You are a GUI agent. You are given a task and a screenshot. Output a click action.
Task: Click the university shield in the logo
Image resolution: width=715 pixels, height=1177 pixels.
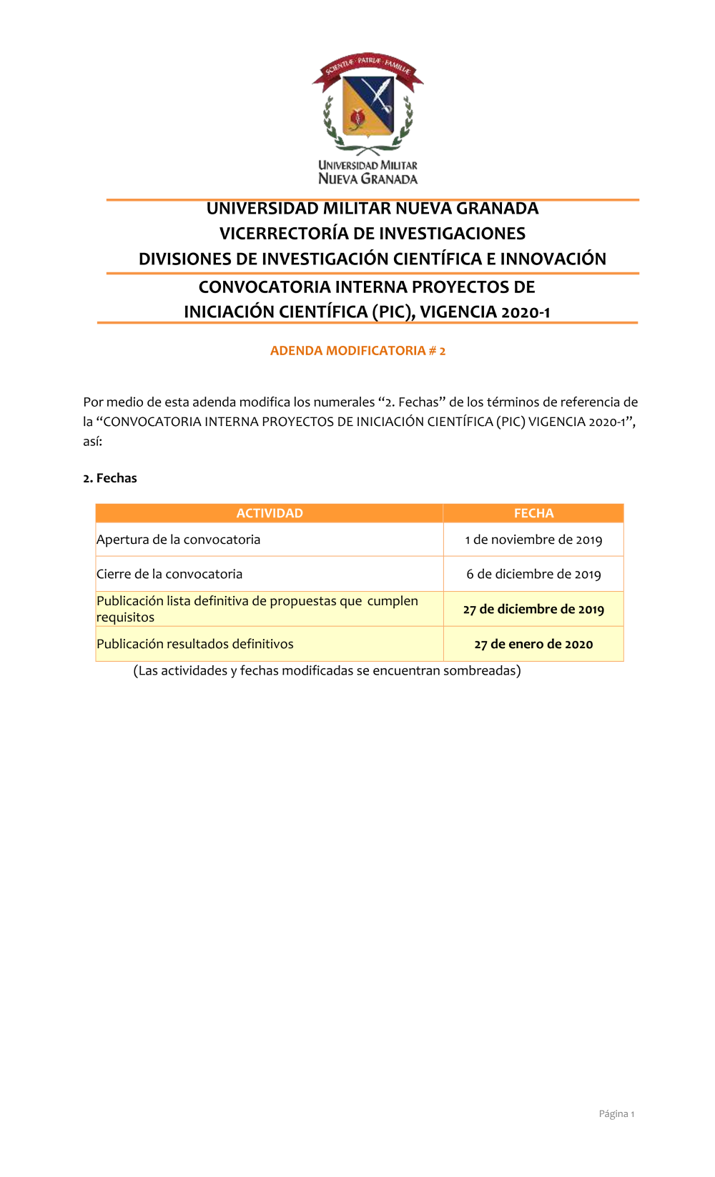pyautogui.click(x=368, y=106)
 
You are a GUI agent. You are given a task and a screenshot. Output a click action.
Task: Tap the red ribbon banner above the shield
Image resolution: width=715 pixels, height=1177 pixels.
pyautogui.click(x=368, y=66)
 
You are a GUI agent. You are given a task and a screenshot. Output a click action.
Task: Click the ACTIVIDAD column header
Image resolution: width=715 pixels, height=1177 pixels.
pyautogui.click(x=270, y=513)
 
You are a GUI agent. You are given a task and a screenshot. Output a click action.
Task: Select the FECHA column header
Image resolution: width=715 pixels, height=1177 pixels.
pyautogui.click(x=533, y=513)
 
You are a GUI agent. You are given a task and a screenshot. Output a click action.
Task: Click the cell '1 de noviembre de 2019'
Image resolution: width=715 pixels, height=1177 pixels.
pyautogui.click(x=533, y=540)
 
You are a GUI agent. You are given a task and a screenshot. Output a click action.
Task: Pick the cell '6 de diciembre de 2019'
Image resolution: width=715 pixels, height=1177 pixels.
pyautogui.click(x=533, y=574)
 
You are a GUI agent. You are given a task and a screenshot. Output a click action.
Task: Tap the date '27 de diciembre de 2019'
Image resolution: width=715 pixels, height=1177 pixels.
pyautogui.click(x=533, y=609)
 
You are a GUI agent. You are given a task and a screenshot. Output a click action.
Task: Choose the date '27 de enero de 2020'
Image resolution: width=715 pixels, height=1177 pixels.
pyautogui.click(x=533, y=644)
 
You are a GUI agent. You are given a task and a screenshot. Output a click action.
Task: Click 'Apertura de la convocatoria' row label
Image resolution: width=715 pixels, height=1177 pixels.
pyautogui.click(x=179, y=540)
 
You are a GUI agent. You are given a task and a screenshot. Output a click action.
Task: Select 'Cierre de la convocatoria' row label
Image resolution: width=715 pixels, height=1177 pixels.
pyautogui.click(x=169, y=574)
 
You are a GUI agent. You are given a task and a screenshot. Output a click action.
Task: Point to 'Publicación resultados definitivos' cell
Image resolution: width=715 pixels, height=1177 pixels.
pyautogui.click(x=195, y=644)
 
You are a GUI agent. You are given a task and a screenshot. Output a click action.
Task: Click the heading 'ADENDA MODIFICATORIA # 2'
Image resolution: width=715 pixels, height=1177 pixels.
pyautogui.click(x=357, y=351)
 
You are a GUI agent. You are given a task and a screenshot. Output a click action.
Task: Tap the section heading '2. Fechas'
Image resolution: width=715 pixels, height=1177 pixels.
pyautogui.click(x=110, y=478)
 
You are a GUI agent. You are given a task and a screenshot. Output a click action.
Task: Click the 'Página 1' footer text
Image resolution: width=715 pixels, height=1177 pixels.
pyautogui.click(x=616, y=1113)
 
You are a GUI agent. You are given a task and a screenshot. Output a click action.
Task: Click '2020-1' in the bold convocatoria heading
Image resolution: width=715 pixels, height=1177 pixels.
pyautogui.click(x=526, y=312)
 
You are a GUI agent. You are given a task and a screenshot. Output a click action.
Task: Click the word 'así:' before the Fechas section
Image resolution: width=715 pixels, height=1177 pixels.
pyautogui.click(x=93, y=442)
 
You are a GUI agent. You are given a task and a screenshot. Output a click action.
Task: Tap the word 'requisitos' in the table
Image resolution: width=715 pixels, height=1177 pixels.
pyautogui.click(x=125, y=617)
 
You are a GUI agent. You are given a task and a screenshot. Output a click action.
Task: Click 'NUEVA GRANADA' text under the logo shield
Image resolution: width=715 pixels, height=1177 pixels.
pyautogui.click(x=368, y=179)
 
